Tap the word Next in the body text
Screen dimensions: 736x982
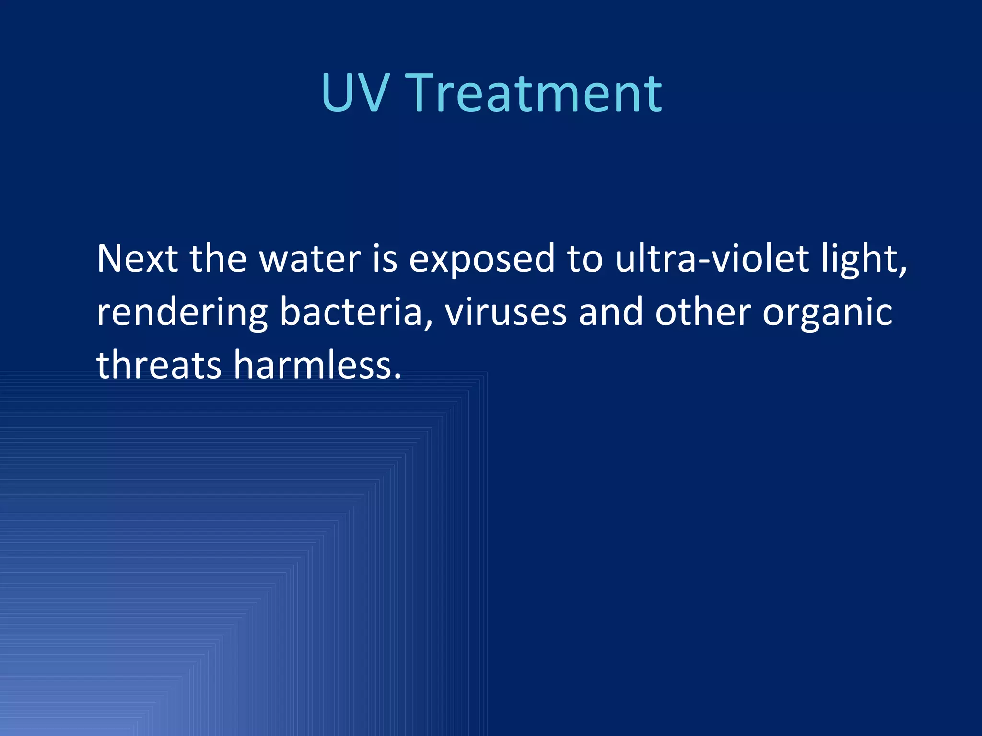(138, 259)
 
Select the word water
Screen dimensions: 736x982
(310, 259)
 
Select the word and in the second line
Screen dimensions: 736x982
(610, 312)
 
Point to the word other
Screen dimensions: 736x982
(703, 312)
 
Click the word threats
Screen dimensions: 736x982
(159, 365)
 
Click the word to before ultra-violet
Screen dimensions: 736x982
(585, 259)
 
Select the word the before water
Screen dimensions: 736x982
(219, 259)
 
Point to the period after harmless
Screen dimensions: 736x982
(397, 377)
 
